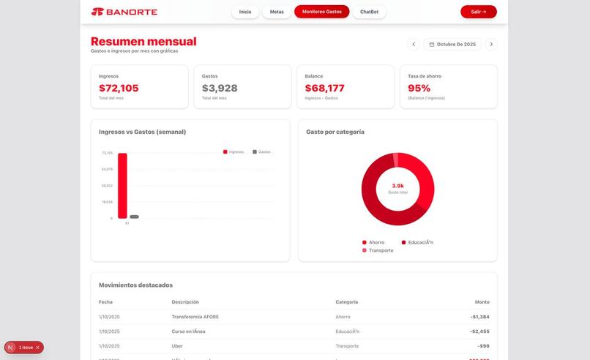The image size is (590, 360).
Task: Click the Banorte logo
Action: click(124, 12)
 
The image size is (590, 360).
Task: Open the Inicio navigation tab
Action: click(245, 12)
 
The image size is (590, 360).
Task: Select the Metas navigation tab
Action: click(277, 12)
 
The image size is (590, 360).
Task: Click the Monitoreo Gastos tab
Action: click(322, 12)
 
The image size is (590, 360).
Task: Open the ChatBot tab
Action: click(369, 12)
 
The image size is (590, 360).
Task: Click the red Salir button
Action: click(479, 12)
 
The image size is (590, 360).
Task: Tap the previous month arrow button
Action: click(414, 45)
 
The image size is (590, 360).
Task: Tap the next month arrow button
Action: click(491, 45)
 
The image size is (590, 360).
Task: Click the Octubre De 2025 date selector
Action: click(452, 45)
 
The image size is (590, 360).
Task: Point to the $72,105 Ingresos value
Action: click(119, 89)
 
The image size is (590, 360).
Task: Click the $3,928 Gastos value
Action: click(220, 89)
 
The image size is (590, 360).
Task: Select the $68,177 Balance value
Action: click(324, 89)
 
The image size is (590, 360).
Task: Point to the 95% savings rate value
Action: click(419, 89)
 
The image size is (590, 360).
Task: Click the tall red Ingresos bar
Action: click(122, 186)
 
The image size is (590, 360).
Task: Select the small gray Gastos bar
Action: click(134, 217)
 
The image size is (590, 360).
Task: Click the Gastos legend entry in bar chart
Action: click(261, 152)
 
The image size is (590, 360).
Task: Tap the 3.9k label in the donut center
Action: click(397, 186)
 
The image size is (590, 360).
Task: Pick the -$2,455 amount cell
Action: click(479, 331)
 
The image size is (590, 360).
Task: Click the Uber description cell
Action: click(178, 346)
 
